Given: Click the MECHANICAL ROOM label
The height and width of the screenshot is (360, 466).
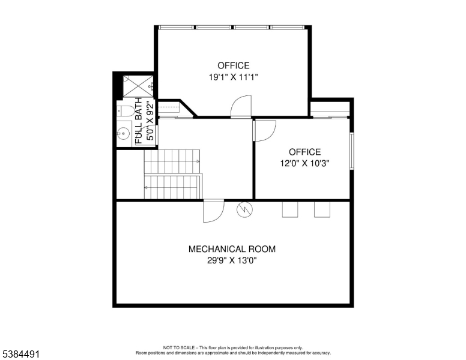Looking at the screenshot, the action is (x=232, y=249).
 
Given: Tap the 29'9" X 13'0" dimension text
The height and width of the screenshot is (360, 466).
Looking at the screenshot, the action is (x=232, y=261).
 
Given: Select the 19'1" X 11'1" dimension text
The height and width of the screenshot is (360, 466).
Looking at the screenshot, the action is (x=233, y=77).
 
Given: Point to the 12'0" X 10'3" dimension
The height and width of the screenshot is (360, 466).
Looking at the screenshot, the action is (x=304, y=163).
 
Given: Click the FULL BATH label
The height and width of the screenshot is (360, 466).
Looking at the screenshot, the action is (x=139, y=121).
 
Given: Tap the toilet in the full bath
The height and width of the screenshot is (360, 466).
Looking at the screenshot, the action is (x=126, y=111).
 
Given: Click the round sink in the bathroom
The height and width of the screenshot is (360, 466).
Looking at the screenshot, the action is (x=123, y=133).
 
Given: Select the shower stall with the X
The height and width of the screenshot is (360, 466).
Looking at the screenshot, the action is (x=138, y=86).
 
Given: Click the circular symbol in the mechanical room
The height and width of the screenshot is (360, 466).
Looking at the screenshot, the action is (x=245, y=210).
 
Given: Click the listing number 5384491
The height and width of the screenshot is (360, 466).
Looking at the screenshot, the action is (x=21, y=354).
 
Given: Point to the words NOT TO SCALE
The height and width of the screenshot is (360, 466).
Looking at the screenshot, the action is (x=178, y=347).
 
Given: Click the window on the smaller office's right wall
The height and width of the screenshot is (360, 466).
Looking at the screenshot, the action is (x=352, y=151).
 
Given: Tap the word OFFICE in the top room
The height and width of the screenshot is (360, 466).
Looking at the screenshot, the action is (x=233, y=65).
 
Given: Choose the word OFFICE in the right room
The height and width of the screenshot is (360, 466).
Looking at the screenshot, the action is (x=304, y=152).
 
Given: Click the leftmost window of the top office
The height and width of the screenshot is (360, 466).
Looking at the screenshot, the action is (x=177, y=28).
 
